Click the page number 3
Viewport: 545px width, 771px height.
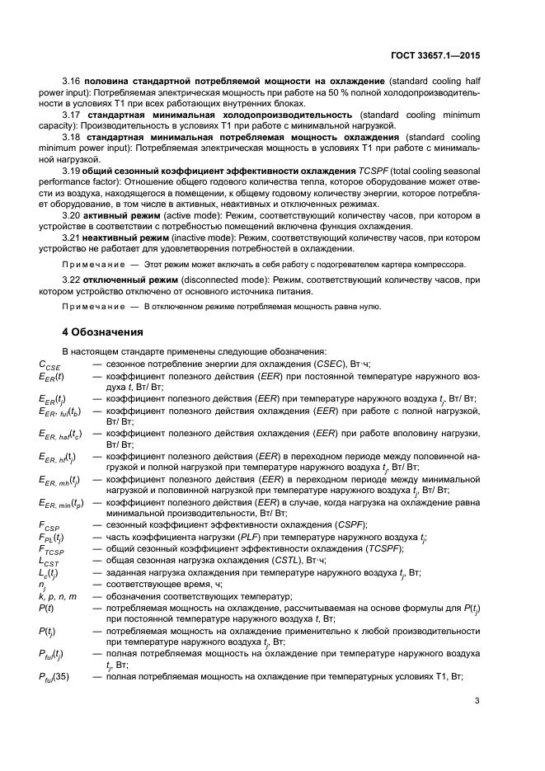477,702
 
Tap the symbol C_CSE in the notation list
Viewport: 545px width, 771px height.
50,364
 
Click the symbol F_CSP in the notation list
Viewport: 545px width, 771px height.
50,525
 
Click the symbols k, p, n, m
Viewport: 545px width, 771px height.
58,595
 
